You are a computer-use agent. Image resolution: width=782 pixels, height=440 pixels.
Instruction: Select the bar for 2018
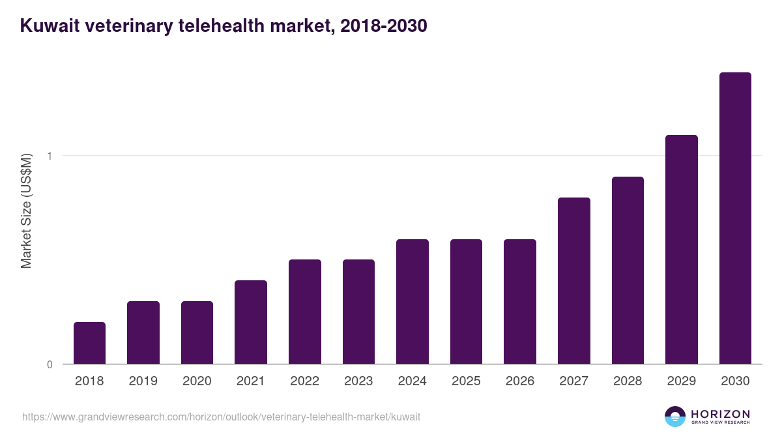pyautogui.click(x=89, y=343)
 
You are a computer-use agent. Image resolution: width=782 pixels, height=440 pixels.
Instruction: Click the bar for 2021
pyautogui.click(x=251, y=322)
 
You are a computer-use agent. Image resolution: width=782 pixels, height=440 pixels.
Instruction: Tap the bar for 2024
pyautogui.click(x=413, y=301)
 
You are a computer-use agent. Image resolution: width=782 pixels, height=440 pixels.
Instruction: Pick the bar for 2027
pyautogui.click(x=574, y=280)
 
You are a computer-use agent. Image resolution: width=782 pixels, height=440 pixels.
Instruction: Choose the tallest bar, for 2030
pyautogui.click(x=735, y=218)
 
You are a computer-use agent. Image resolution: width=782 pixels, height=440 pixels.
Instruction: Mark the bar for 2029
pyautogui.click(x=682, y=249)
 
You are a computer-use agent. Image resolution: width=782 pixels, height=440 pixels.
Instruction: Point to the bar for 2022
pyautogui.click(x=305, y=312)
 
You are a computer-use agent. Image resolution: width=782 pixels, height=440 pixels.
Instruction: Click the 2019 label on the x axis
pyautogui.click(x=143, y=381)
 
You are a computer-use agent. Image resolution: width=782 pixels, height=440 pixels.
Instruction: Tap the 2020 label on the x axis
pyautogui.click(x=197, y=381)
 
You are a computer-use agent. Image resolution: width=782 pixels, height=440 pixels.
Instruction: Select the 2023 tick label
pyautogui.click(x=358, y=381)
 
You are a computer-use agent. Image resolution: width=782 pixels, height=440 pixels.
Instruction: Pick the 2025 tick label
pyautogui.click(x=466, y=381)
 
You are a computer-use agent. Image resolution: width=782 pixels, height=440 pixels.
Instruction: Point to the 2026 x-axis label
pyautogui.click(x=520, y=381)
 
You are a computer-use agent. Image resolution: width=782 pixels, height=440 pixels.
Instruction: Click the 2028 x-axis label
pyautogui.click(x=628, y=381)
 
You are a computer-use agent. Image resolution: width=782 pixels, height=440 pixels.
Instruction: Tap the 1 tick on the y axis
pyautogui.click(x=49, y=156)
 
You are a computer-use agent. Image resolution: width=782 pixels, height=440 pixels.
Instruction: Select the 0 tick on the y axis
pyautogui.click(x=49, y=364)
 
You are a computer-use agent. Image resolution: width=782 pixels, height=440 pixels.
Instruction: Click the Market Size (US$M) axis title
pyautogui.click(x=26, y=211)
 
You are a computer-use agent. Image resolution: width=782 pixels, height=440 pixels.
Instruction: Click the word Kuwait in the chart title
pyautogui.click(x=50, y=27)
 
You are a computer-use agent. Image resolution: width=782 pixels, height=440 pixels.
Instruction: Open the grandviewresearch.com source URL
pyautogui.click(x=221, y=417)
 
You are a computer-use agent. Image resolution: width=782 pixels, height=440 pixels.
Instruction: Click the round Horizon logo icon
pyautogui.click(x=674, y=417)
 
